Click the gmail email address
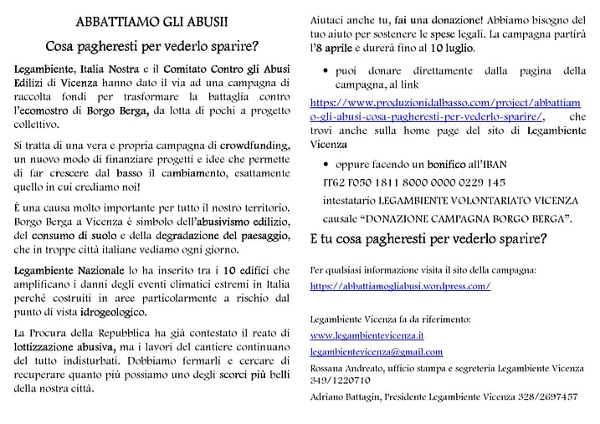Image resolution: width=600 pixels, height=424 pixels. (376, 352)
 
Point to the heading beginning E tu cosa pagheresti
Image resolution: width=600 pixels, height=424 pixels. (428, 238)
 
